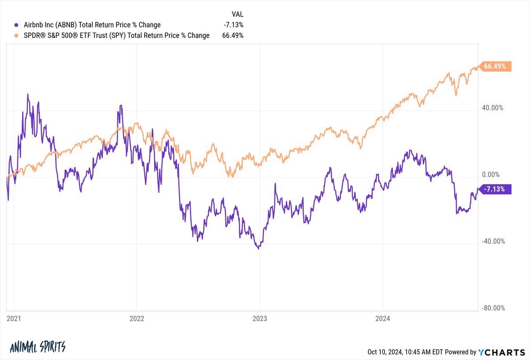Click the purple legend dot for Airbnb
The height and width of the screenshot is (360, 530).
click(x=17, y=25)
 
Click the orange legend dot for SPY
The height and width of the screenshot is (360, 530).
click(x=17, y=35)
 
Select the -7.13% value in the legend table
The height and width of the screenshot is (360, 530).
click(x=234, y=25)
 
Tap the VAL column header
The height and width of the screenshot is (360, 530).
click(x=237, y=14)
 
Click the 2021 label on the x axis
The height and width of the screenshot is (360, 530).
click(x=14, y=318)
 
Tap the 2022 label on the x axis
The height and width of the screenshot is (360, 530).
click(x=137, y=318)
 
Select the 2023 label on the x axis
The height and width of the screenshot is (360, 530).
click(x=260, y=318)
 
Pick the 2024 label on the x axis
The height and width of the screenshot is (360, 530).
click(x=382, y=318)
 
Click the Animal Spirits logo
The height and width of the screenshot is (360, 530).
click(x=37, y=346)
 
